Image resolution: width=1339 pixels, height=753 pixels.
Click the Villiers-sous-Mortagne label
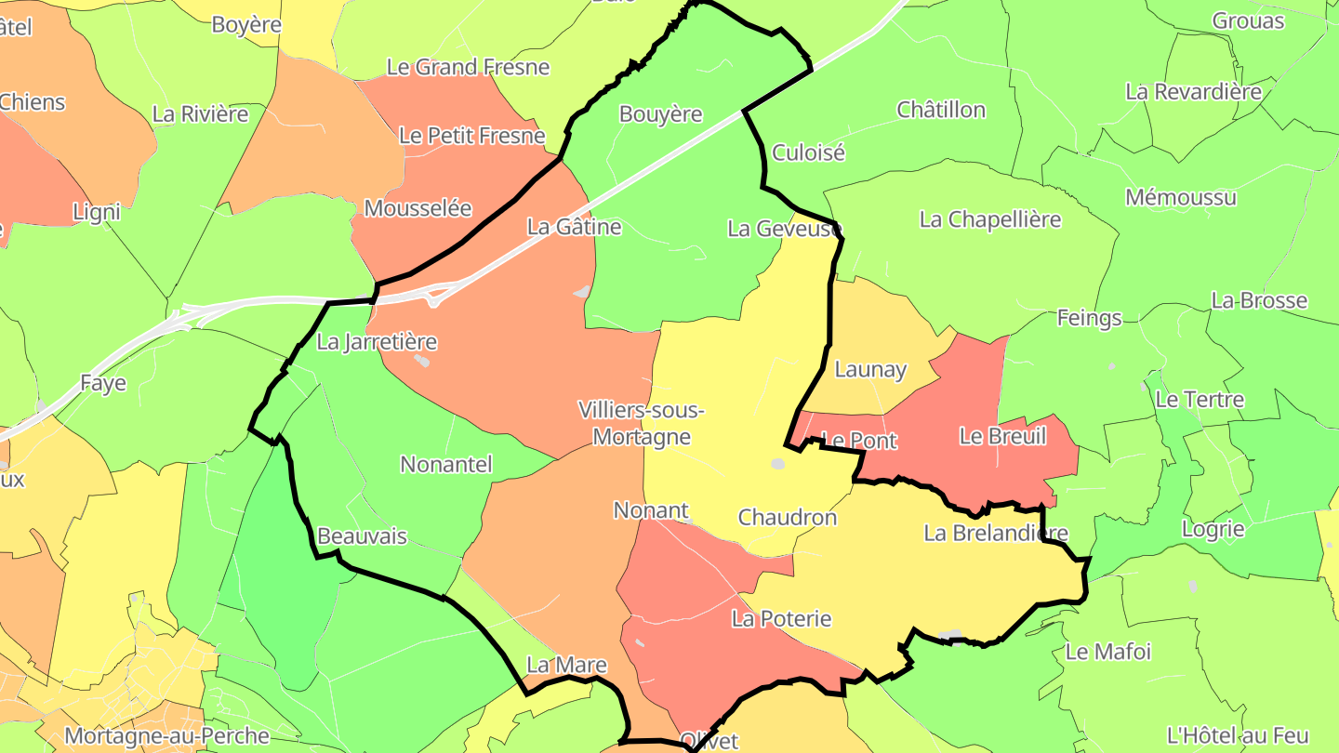coord(641,423)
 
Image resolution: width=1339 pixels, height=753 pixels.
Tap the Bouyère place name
coord(660,114)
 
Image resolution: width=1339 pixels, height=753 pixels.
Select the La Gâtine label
coord(574,226)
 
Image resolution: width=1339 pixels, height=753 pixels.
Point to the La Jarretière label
coord(377,341)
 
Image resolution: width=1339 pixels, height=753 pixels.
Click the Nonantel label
coord(445,464)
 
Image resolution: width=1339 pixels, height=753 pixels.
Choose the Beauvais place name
coord(362,536)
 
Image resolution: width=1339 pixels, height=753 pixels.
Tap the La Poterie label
coord(781,618)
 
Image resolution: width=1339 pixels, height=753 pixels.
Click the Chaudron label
coord(787,517)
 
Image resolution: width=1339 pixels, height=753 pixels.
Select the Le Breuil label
coord(1002,436)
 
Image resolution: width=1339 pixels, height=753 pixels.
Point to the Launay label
coord(870,370)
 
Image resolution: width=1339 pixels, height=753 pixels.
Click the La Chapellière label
coord(989,219)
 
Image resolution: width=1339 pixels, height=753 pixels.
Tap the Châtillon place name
coord(940,110)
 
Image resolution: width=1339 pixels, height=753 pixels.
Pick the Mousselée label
coord(418,208)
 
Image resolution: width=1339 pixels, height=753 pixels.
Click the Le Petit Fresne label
coord(471,136)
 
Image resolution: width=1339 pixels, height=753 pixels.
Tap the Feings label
coord(1089,318)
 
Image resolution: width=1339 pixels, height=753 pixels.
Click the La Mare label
coord(566,665)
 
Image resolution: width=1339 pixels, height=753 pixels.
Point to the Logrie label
coord(1213,529)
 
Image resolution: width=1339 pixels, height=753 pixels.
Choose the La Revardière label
coord(1193,91)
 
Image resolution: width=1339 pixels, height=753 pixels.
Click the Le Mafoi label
coord(1107,652)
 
